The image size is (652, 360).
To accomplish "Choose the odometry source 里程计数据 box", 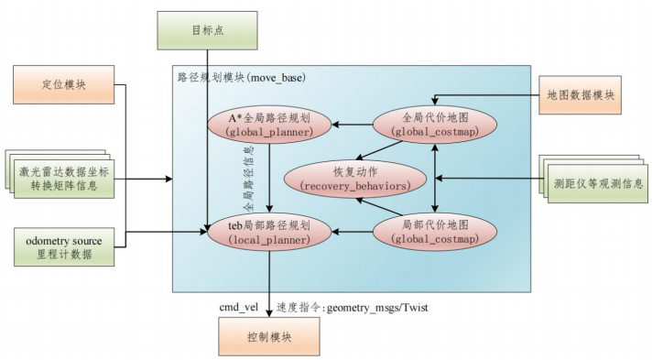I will (x=65, y=246).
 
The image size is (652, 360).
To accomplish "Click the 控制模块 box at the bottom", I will (x=268, y=336).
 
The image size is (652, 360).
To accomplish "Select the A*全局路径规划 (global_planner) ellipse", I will (x=269, y=125).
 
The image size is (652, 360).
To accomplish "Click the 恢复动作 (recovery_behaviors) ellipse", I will (x=346, y=178).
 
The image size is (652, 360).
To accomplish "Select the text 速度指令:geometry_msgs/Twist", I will (x=353, y=308).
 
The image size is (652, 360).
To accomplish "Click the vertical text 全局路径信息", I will (x=250, y=179).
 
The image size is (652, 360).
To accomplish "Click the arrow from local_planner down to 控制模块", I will (x=268, y=284).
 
